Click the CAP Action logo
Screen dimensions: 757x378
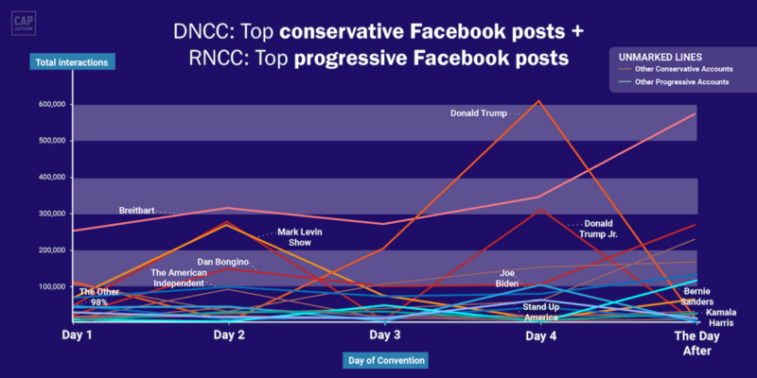[x=24, y=24]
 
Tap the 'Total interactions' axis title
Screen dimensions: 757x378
[x=72, y=61]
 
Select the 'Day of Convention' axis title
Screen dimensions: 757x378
[x=385, y=360]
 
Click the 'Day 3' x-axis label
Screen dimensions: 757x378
[x=384, y=335]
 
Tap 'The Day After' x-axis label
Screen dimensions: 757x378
[x=696, y=343]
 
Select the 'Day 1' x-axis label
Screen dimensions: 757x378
[x=77, y=335]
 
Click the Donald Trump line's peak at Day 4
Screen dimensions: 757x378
[x=538, y=101]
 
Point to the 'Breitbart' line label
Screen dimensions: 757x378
[x=136, y=211]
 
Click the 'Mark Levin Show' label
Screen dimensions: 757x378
[x=300, y=237]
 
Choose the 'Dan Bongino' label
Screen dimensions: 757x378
[x=222, y=263]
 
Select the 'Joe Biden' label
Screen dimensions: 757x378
[x=507, y=279]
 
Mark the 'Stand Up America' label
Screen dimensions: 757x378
[x=541, y=313]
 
